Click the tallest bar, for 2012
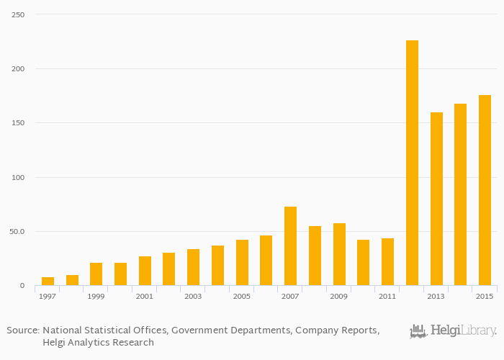coord(412,163)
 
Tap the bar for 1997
coord(48,282)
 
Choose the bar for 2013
coord(436,199)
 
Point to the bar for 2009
coord(339,254)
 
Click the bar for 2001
coord(145,271)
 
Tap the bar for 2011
coord(387,262)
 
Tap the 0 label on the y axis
coord(22,286)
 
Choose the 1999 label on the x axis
coord(96,297)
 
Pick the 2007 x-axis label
coord(290,297)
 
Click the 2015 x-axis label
coord(485,297)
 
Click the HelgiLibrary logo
coord(453,331)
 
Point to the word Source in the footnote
coord(22,330)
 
